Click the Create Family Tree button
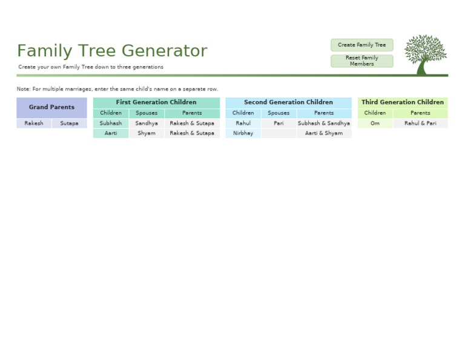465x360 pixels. click(x=361, y=45)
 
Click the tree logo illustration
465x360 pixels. click(x=425, y=54)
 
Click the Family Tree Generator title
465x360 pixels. click(x=112, y=51)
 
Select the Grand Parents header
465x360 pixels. click(x=51, y=107)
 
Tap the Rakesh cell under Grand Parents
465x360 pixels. click(x=34, y=123)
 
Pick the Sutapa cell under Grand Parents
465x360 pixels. click(x=69, y=123)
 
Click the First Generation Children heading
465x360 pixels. click(x=156, y=102)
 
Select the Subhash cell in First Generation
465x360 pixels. click(x=111, y=123)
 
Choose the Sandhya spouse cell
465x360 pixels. click(x=147, y=123)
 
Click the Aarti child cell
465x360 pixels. click(x=111, y=133)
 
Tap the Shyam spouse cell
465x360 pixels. click(x=147, y=133)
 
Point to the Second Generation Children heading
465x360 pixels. click(x=288, y=102)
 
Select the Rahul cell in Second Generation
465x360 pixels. click(x=243, y=123)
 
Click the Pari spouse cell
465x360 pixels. click(x=279, y=123)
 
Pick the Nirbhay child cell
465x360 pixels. click(x=243, y=133)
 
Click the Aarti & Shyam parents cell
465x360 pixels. click(x=324, y=133)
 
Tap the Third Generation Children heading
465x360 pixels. click(x=403, y=102)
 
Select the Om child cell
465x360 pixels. click(x=375, y=123)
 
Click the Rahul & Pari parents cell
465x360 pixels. click(x=420, y=123)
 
